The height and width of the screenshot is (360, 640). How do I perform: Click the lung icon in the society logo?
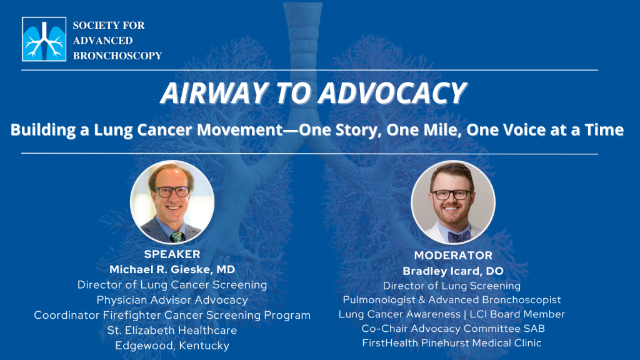click(x=44, y=39)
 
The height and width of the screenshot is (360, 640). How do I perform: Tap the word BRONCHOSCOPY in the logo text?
click(x=117, y=56)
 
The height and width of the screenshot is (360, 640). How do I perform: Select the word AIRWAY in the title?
click(x=214, y=93)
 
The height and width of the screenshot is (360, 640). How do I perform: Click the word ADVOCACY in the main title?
click(x=392, y=93)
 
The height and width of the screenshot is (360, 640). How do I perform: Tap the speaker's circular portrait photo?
click(x=172, y=202)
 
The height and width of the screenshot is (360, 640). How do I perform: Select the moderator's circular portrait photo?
click(x=453, y=202)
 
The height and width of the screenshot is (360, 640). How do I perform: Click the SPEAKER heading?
click(x=172, y=254)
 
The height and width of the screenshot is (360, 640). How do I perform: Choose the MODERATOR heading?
click(x=453, y=256)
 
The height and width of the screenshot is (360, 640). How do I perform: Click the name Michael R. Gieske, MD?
click(x=172, y=269)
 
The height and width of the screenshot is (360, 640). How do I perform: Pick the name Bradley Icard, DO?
click(x=453, y=271)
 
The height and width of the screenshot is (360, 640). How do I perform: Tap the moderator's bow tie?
click(x=459, y=236)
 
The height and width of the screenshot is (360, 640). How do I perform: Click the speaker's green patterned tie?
click(x=177, y=237)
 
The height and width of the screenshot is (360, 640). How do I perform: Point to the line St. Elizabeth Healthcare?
click(x=172, y=330)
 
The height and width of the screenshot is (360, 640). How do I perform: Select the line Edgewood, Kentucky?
click(x=172, y=346)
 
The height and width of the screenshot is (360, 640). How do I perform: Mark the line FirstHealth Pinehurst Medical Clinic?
click(x=452, y=343)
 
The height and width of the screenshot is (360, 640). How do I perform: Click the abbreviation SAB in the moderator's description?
click(x=536, y=329)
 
